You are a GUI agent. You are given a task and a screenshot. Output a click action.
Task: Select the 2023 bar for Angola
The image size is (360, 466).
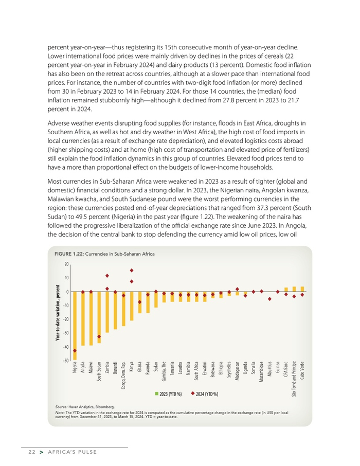click(x=83, y=318)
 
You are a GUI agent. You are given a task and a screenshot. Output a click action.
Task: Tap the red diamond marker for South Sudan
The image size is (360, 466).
click(x=99, y=337)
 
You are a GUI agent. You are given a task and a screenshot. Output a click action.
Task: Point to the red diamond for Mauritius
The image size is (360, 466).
click(x=269, y=299)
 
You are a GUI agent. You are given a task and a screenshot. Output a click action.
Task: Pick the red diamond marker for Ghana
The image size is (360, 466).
click(x=139, y=302)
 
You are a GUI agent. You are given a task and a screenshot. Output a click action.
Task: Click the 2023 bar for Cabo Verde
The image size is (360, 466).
click(x=302, y=289)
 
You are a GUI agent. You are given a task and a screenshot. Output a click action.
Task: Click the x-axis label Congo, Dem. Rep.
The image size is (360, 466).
click(x=123, y=375)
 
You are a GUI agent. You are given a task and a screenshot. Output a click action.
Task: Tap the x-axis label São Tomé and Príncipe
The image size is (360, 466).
click(x=294, y=379)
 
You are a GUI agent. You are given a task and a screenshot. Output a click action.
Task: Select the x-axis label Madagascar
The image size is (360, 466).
click(x=237, y=372)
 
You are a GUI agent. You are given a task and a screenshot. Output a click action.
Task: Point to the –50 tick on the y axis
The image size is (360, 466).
click(x=65, y=360)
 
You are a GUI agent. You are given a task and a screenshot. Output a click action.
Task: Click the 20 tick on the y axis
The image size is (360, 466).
click(x=66, y=264)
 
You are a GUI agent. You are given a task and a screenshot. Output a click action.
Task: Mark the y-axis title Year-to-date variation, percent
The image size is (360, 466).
click(x=58, y=312)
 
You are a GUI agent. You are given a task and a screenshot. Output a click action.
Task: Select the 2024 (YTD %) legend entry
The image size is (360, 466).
click(x=205, y=394)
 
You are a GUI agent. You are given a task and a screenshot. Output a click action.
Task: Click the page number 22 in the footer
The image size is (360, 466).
click(x=31, y=452)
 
